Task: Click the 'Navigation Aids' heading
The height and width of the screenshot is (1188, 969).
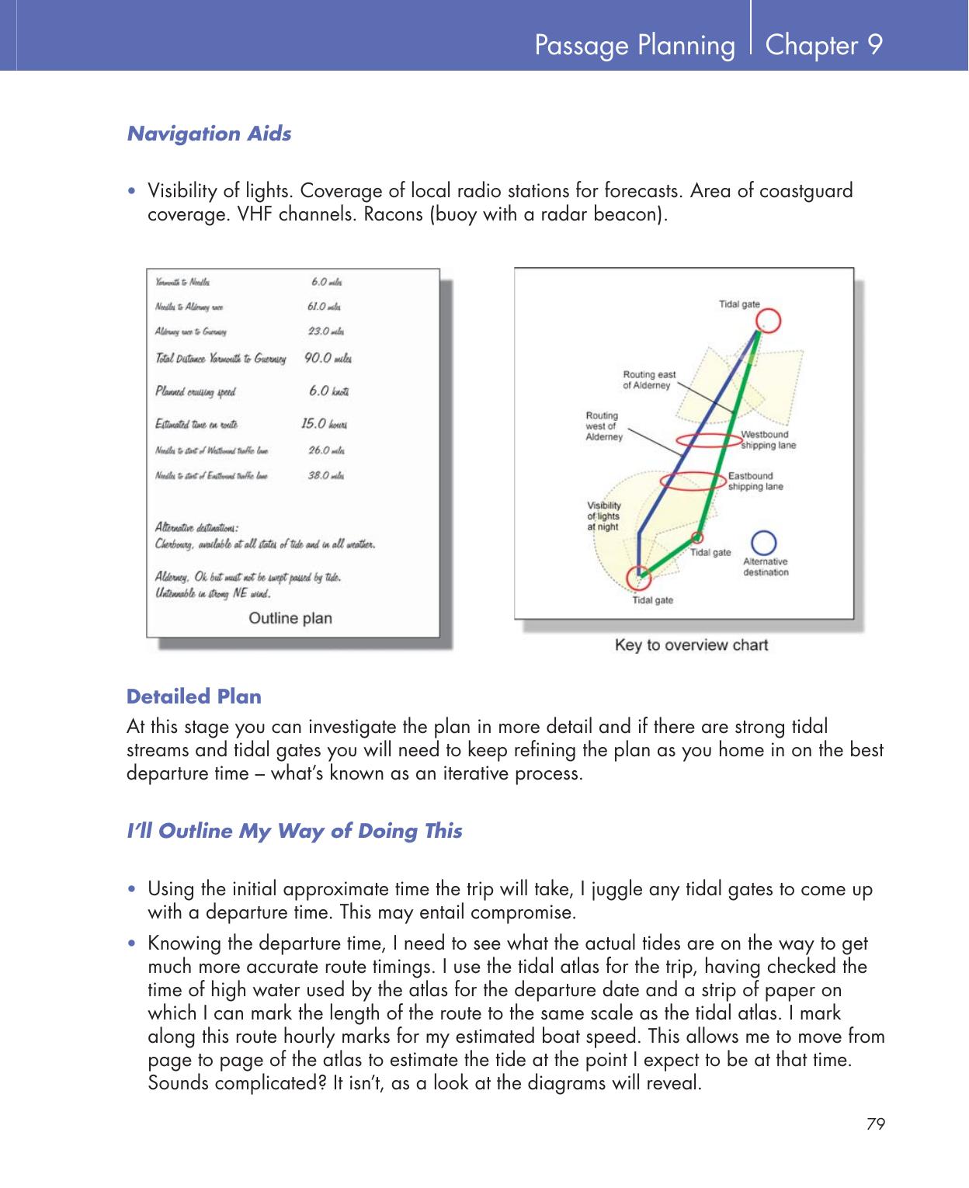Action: (209, 134)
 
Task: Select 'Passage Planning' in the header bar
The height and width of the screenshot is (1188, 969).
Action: (634, 46)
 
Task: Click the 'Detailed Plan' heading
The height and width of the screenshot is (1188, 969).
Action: (193, 696)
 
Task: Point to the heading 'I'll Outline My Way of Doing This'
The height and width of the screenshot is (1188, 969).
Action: (293, 831)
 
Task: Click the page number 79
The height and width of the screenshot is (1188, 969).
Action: (876, 1124)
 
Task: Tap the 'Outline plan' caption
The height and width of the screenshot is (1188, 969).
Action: (290, 618)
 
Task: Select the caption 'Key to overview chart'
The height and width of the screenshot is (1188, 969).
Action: (690, 644)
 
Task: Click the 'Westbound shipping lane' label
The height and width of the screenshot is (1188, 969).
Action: (768, 439)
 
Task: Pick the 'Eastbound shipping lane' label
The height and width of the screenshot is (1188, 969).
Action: (755, 481)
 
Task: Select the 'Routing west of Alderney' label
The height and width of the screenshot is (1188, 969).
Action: (603, 426)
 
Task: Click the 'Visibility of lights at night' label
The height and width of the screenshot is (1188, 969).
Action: (603, 516)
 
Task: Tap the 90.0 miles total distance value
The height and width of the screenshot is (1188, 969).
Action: (328, 359)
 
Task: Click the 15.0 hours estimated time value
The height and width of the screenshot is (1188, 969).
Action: (324, 424)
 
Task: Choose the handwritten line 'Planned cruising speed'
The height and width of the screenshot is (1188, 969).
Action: (196, 391)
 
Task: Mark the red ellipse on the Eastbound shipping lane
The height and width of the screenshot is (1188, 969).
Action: (692, 483)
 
